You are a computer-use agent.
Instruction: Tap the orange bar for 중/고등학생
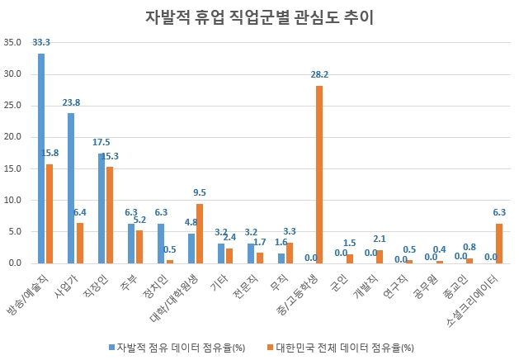(x=319, y=174)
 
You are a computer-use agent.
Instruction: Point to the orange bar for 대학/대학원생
(x=200, y=234)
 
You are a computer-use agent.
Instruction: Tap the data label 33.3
(x=41, y=42)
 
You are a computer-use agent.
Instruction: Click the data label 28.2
(x=320, y=73)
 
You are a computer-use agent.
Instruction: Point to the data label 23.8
(x=72, y=103)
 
